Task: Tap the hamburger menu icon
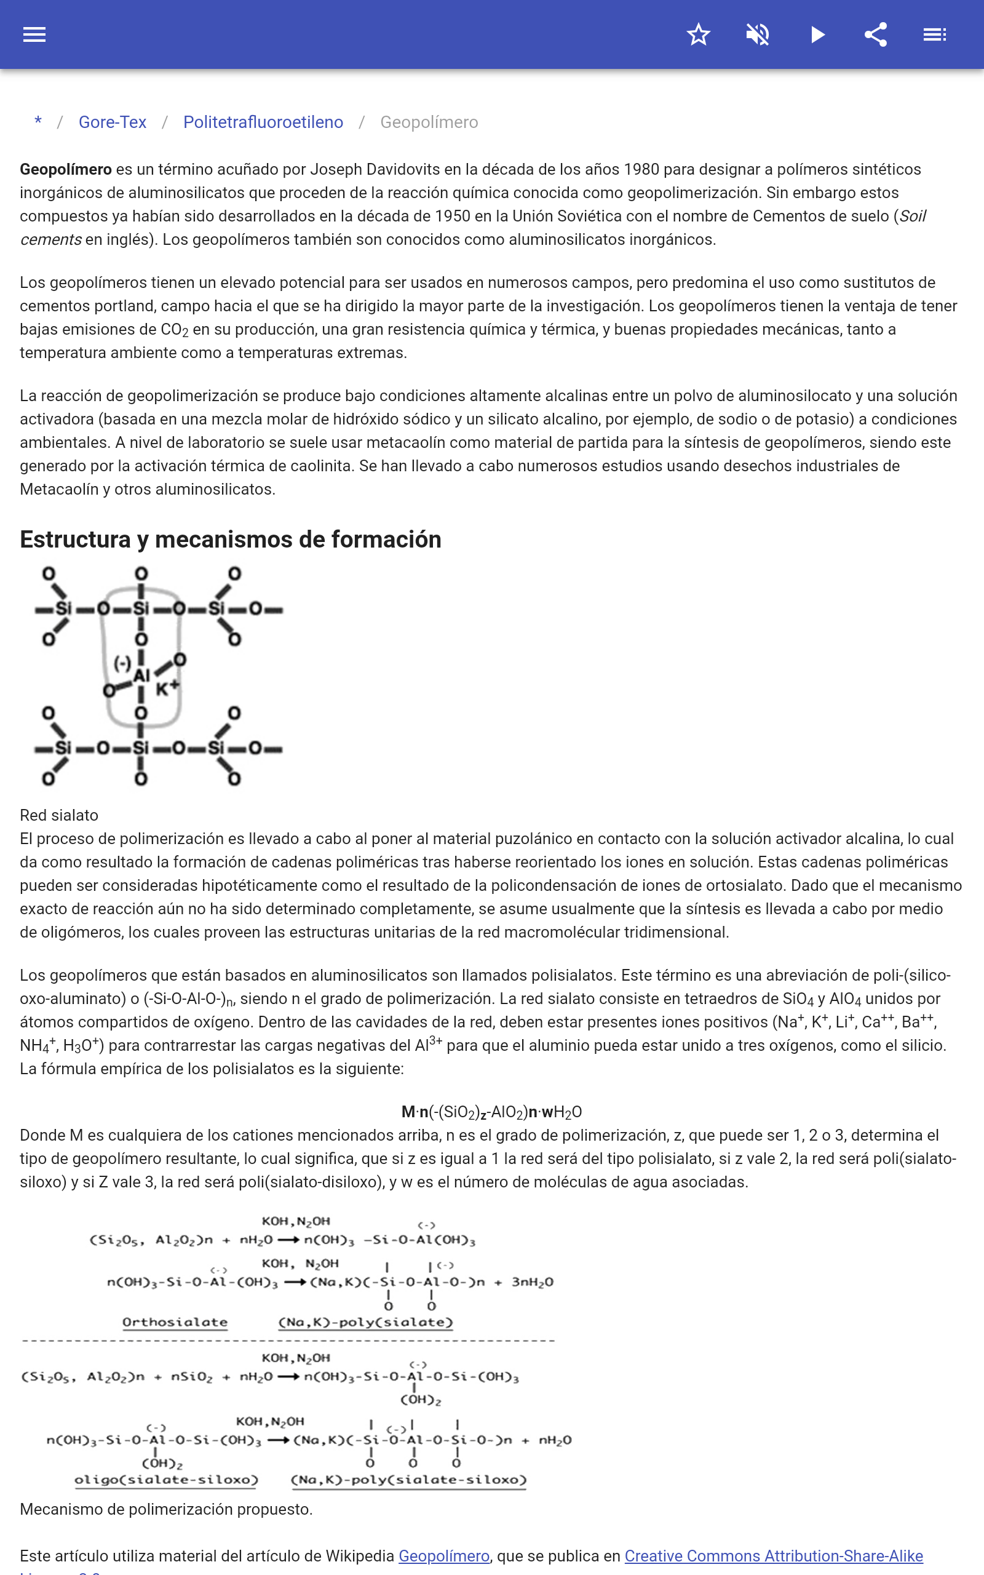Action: click(34, 34)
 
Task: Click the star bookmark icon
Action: click(698, 34)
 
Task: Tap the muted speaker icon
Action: click(758, 34)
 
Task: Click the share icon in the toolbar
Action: click(876, 34)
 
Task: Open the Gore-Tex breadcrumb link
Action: click(113, 122)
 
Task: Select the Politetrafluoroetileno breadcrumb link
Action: click(263, 122)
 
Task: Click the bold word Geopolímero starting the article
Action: click(66, 170)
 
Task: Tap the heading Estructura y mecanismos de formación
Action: click(231, 540)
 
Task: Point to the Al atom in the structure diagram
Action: click(141, 676)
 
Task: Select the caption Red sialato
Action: click(59, 815)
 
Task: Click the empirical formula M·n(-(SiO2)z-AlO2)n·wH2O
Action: click(491, 1112)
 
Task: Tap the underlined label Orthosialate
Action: click(175, 1323)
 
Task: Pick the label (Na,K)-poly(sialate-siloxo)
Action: click(408, 1480)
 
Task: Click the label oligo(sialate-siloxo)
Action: click(166, 1480)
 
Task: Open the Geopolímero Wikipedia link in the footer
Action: click(444, 1556)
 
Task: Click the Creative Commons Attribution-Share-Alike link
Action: click(773, 1556)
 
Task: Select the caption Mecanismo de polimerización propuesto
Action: click(166, 1509)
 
